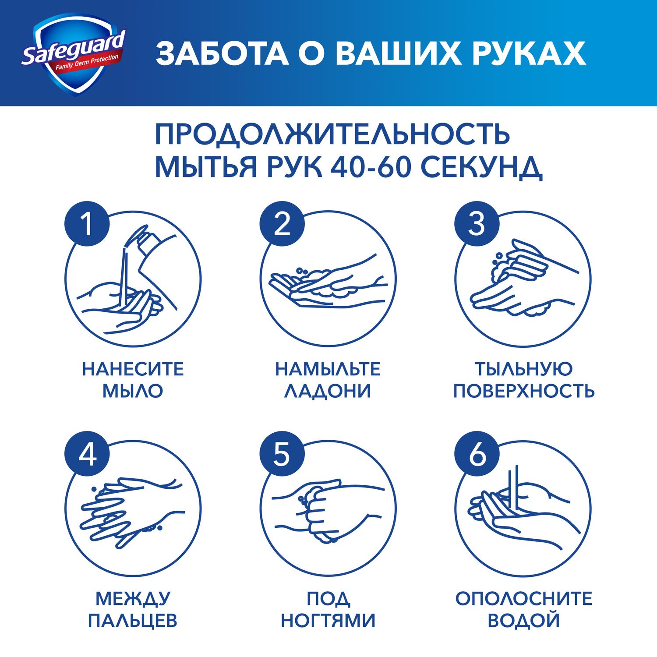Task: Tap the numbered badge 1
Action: [88, 225]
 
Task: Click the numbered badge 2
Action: [282, 225]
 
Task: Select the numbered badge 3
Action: [477, 225]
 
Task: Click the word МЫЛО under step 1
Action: [133, 391]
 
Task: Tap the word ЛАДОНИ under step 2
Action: [328, 391]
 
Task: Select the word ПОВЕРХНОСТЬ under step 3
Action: [524, 391]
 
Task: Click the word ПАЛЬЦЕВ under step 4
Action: [133, 621]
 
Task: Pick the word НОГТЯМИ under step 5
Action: [328, 621]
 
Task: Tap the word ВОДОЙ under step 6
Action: [524, 621]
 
